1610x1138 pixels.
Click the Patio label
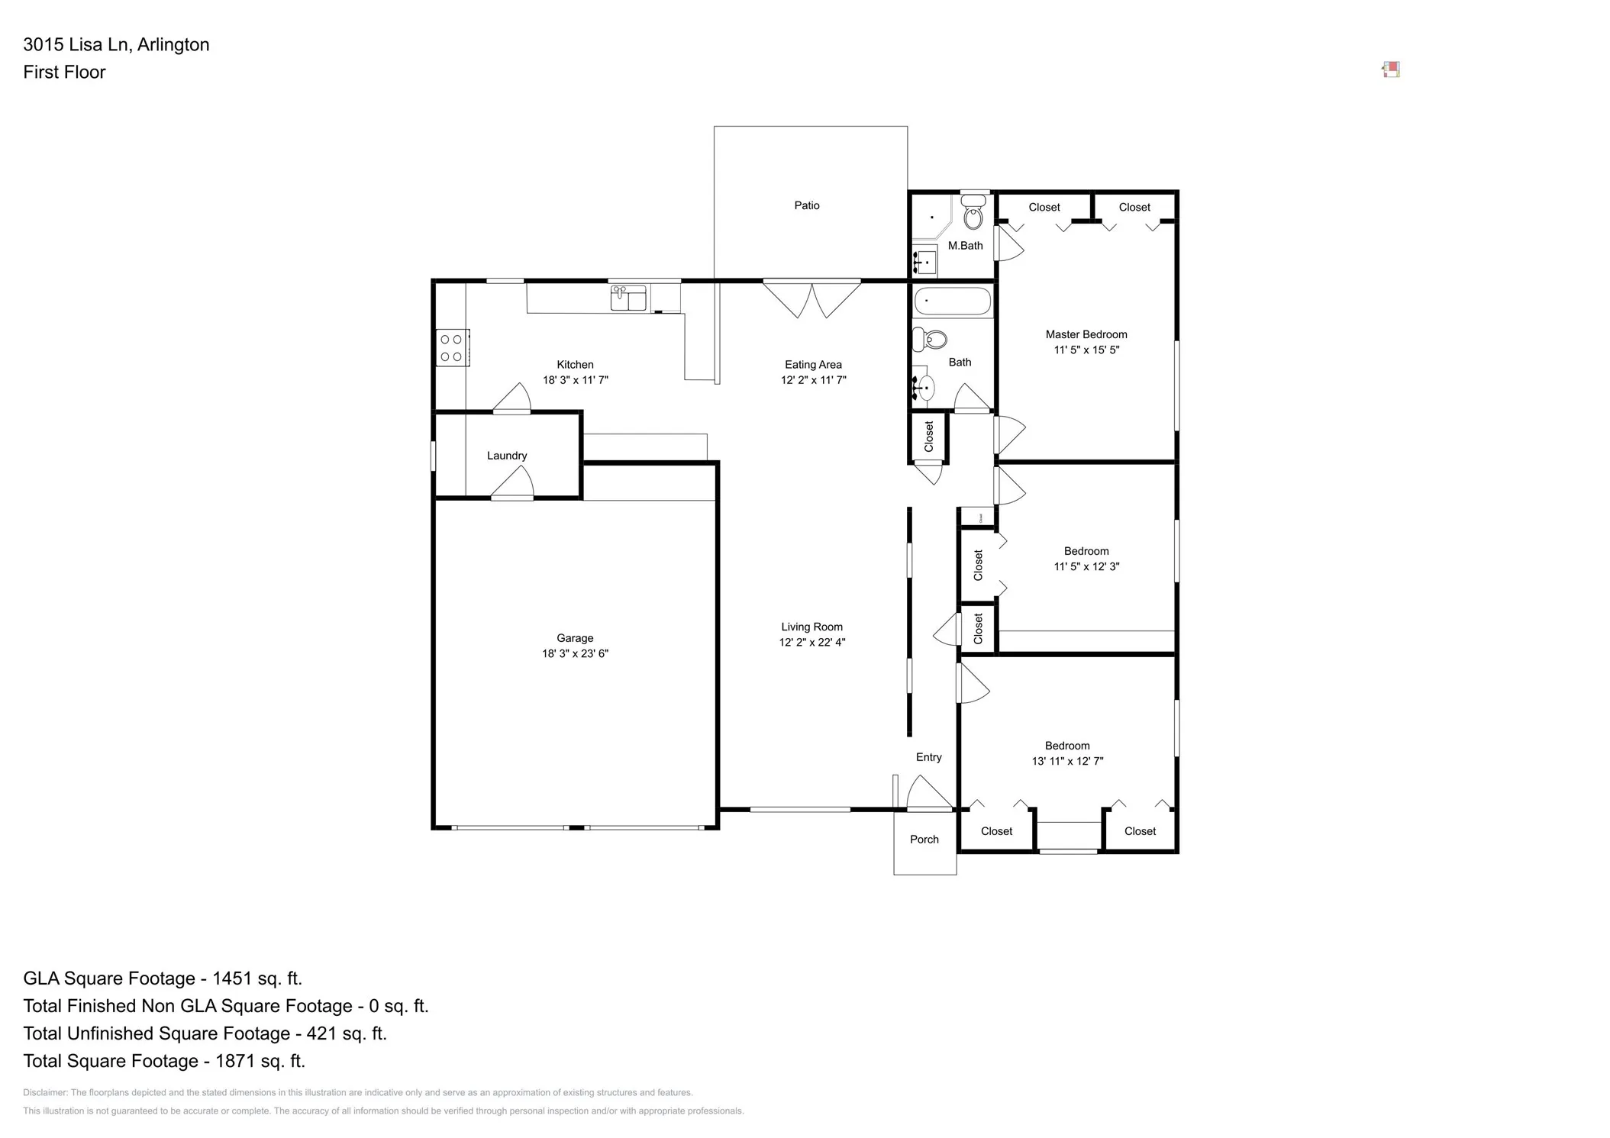tap(806, 205)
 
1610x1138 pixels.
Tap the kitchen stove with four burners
tap(451, 348)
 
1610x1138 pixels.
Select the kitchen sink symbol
tap(628, 298)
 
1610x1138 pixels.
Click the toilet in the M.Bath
tap(973, 214)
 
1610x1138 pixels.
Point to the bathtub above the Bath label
tap(952, 301)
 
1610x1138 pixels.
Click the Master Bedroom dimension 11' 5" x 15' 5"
tap(1086, 350)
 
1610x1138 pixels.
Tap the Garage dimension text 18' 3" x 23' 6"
tap(574, 654)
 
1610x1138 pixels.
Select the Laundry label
tap(507, 456)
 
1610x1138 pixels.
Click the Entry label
tap(928, 757)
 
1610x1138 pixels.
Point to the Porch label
tap(924, 840)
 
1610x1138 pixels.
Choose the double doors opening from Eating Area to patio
tap(811, 298)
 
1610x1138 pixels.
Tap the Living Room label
tap(811, 627)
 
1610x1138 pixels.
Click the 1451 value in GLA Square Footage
tap(231, 978)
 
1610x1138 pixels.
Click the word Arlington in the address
tap(173, 44)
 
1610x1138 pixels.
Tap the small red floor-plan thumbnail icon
tap(1391, 70)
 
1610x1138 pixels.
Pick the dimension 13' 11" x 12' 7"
tap(1066, 761)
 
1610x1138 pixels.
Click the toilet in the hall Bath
tap(931, 339)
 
